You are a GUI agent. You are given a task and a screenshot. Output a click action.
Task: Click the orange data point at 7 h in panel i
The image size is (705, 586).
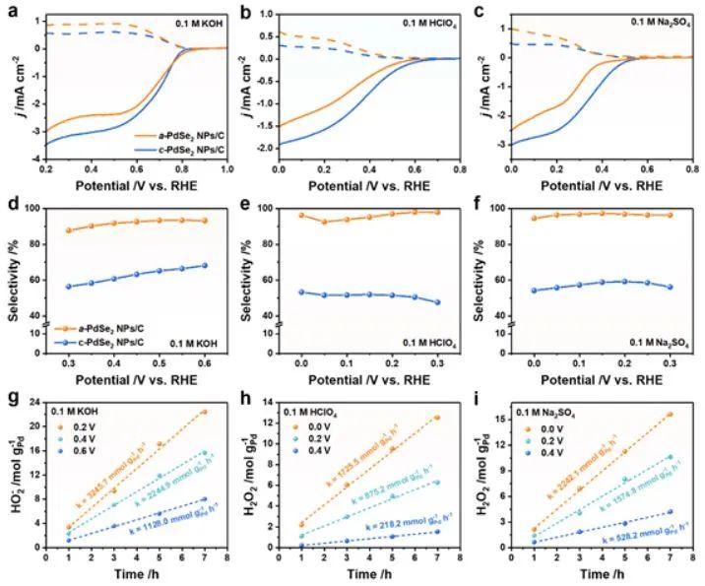coord(670,415)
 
